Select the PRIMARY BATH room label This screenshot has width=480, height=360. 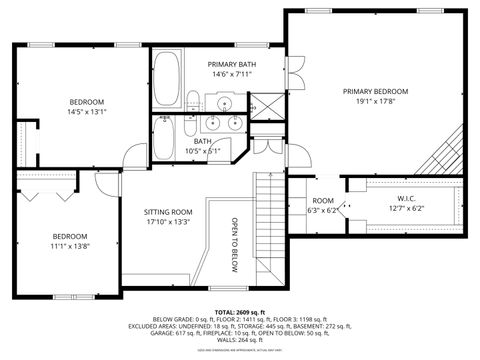click(230, 63)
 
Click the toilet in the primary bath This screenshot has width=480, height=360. click(193, 101)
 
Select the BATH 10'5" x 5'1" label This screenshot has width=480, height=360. click(202, 146)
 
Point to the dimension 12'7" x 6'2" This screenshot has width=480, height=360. click(405, 208)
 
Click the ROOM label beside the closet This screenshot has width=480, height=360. click(323, 201)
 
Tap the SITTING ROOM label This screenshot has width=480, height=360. click(168, 212)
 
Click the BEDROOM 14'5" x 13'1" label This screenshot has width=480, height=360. click(86, 102)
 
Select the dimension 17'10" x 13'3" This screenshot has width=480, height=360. click(168, 222)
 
